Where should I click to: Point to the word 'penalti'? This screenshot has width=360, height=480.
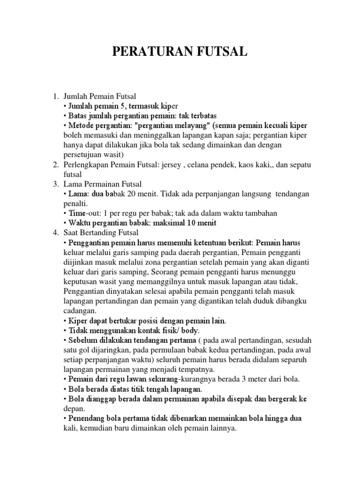pos(74,204)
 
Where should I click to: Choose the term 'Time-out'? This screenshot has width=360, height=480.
pos(83,213)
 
